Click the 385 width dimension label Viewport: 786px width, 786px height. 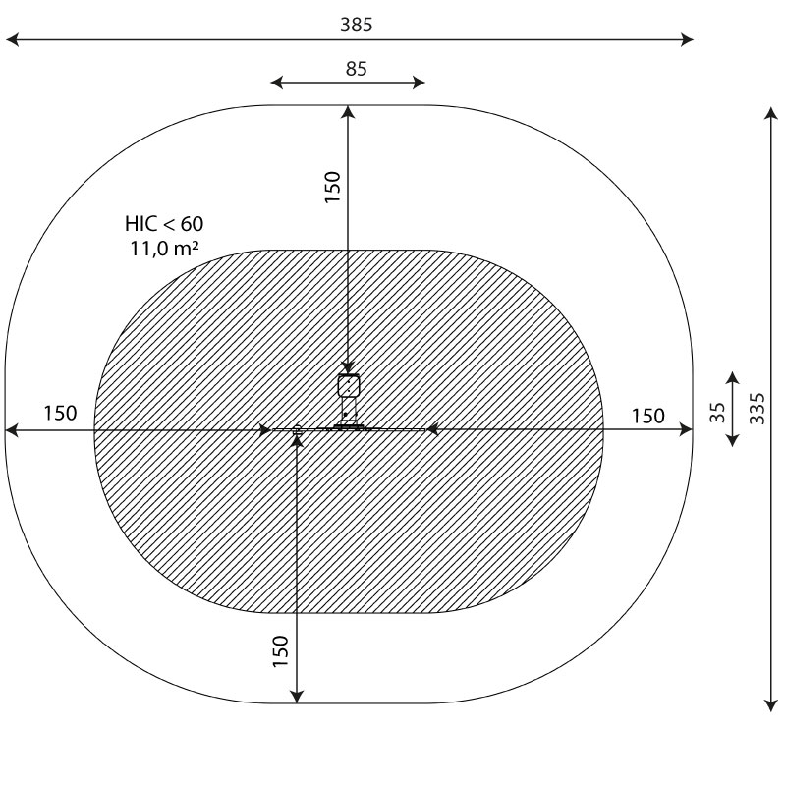pos(357,25)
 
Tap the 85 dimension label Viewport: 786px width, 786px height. pos(357,69)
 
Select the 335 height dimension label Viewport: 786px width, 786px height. pos(758,409)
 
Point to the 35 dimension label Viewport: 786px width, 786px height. pos(718,413)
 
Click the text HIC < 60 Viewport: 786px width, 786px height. pos(164,224)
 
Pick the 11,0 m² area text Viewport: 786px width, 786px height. pos(164,249)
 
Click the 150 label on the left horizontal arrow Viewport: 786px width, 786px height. pos(60,413)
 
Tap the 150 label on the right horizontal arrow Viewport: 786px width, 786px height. pos(647,416)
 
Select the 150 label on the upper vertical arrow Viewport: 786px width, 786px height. pos(332,187)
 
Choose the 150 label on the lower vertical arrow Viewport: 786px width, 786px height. pos(281,651)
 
